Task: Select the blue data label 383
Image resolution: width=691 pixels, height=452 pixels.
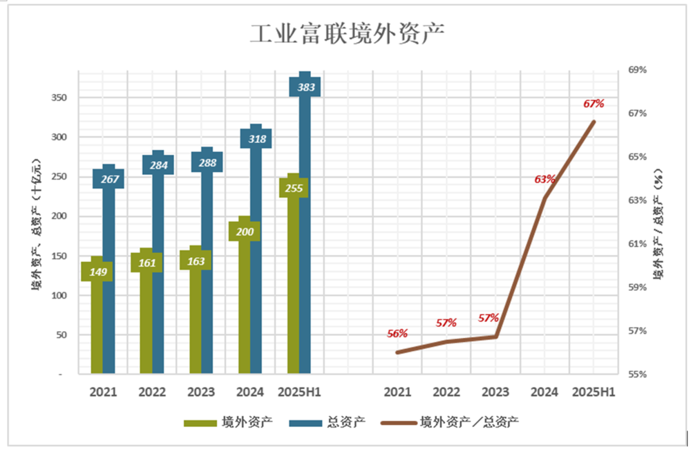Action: [x=305, y=88]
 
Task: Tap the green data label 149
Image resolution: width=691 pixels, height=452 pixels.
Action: [x=97, y=272]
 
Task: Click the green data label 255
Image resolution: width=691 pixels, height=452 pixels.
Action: [x=294, y=188]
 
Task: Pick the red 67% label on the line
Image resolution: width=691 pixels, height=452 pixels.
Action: [x=594, y=104]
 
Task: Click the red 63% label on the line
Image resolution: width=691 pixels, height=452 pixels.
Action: [x=545, y=179]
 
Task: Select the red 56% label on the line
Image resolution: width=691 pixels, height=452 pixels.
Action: [x=397, y=334]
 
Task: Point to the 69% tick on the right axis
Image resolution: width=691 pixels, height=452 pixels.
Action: [x=637, y=70]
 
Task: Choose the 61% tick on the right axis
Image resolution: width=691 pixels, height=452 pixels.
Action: [x=637, y=244]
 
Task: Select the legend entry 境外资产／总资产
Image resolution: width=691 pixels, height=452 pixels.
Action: [x=468, y=422]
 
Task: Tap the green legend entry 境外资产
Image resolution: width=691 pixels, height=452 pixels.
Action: [x=246, y=422]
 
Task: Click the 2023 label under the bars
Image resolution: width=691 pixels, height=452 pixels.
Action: [x=200, y=393]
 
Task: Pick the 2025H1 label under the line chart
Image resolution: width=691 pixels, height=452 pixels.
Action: [x=594, y=393]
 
